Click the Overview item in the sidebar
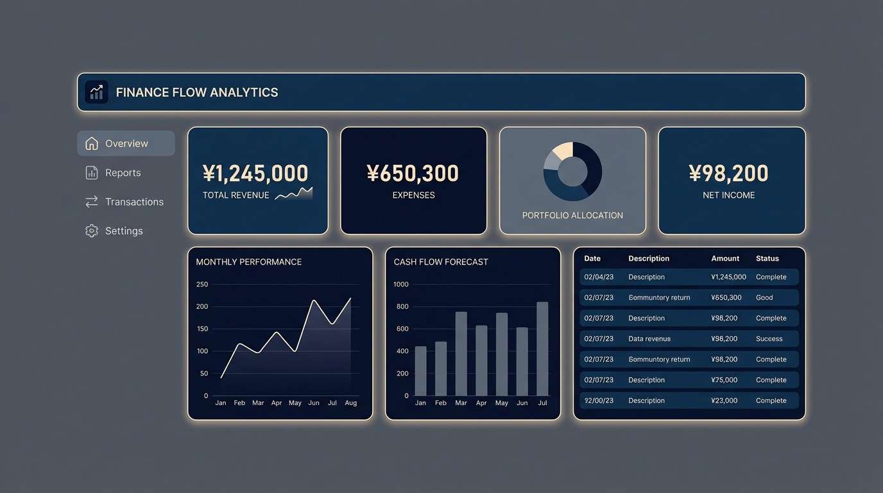click(126, 143)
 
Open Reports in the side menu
click(122, 173)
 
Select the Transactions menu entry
click(133, 202)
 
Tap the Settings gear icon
click(92, 230)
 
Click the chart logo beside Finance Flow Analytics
click(96, 92)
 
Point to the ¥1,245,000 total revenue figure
click(255, 173)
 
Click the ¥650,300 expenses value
click(413, 173)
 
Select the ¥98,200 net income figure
click(728, 173)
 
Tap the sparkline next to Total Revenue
click(294, 193)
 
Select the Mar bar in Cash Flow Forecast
click(461, 354)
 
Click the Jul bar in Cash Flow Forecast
click(542, 349)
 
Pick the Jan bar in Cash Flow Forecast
click(420, 371)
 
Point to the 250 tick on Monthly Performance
click(202, 284)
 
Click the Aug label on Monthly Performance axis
click(350, 403)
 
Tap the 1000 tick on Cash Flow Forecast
click(401, 284)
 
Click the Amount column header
click(725, 259)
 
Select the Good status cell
click(764, 298)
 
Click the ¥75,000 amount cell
click(724, 380)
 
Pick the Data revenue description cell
click(649, 339)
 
